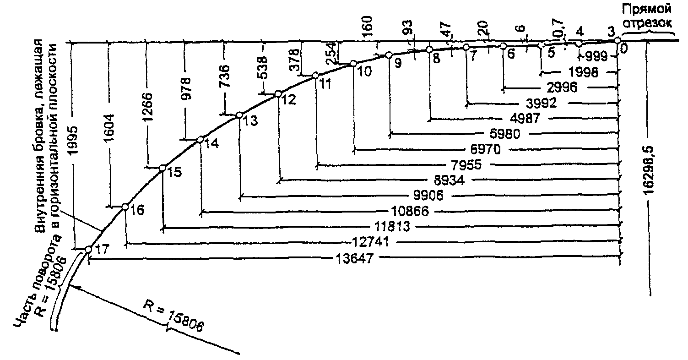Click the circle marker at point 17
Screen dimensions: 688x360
point(89,250)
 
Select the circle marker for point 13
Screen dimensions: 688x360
point(238,115)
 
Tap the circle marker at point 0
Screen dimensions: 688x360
point(617,40)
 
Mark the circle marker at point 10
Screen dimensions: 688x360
point(353,64)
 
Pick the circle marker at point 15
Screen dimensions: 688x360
point(162,169)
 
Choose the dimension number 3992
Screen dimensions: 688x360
point(540,104)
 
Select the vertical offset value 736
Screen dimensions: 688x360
point(225,76)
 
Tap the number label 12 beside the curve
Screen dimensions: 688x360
point(287,100)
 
